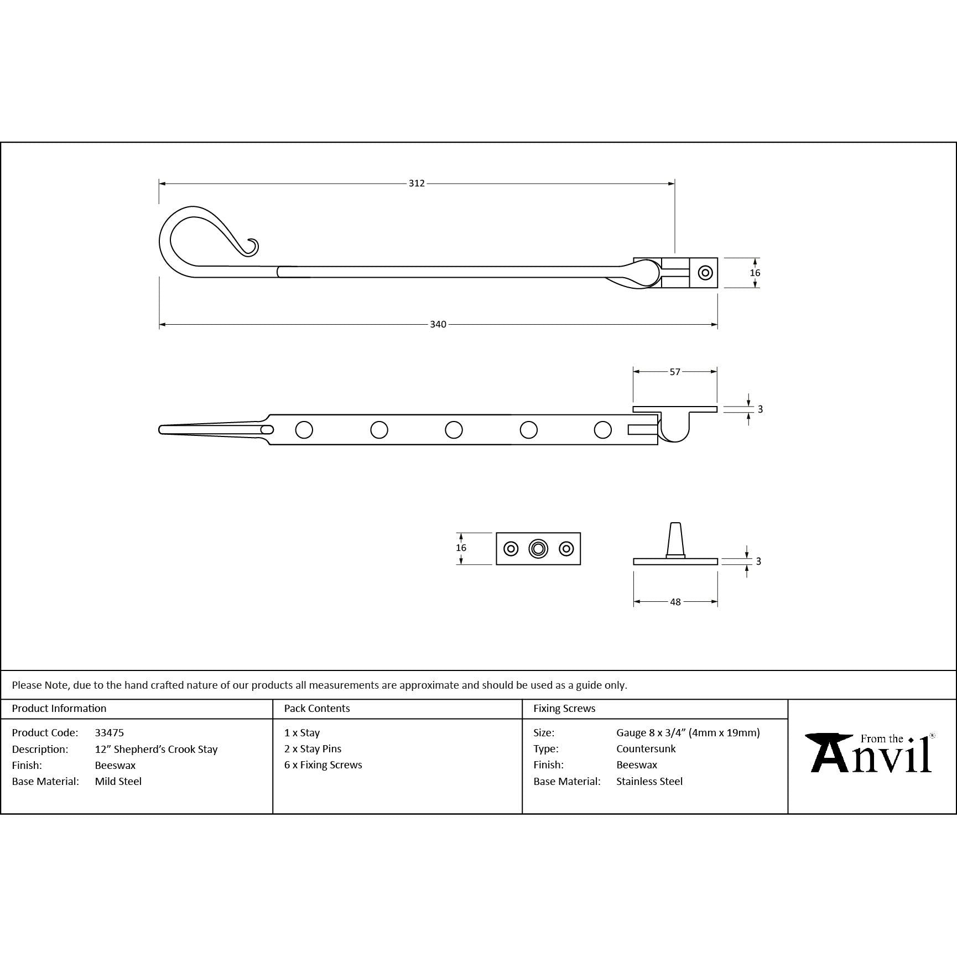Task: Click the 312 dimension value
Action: pos(417,183)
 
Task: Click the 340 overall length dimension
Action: pos(438,324)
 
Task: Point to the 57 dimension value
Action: pos(675,372)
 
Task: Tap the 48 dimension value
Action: pos(675,602)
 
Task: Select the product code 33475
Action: pos(110,732)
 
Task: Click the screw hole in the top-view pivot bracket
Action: pos(705,273)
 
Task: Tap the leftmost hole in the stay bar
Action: pos(304,430)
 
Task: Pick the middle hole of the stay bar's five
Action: pos(454,430)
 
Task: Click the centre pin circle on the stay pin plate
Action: pos(538,549)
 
